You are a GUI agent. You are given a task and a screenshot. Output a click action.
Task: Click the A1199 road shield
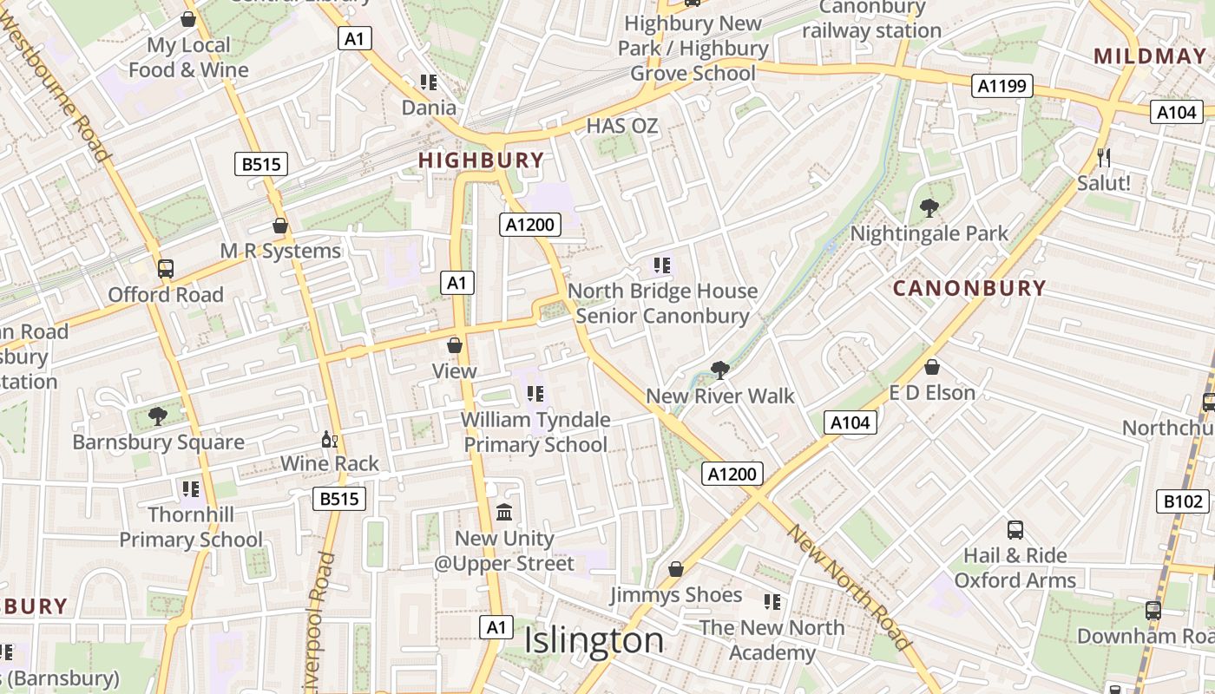click(x=1002, y=85)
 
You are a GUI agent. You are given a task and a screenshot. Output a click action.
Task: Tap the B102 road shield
click(x=1183, y=501)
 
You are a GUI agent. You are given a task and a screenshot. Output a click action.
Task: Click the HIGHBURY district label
click(x=481, y=160)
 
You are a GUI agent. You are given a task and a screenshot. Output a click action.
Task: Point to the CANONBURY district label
click(x=969, y=289)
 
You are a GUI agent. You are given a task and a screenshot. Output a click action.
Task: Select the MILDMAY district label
click(x=1149, y=57)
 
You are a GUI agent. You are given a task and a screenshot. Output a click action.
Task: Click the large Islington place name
click(x=594, y=641)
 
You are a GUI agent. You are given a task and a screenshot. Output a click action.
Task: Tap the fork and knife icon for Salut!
click(x=1104, y=157)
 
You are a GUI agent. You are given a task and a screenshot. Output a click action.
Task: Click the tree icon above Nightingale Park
click(x=929, y=207)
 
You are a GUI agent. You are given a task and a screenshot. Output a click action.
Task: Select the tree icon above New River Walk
click(x=719, y=370)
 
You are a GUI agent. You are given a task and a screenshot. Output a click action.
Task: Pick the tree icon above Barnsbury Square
click(x=157, y=416)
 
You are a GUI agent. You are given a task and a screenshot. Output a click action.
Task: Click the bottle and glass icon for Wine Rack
click(x=329, y=440)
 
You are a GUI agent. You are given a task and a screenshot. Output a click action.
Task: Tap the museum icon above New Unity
click(x=504, y=512)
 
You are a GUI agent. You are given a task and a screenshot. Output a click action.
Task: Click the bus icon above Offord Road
click(x=166, y=269)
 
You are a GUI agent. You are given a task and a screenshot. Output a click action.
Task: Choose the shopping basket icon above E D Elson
click(x=932, y=367)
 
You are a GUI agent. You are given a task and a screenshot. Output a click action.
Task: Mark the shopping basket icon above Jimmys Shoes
click(x=676, y=569)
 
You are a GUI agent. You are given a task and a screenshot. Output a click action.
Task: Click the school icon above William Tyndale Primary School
click(x=535, y=394)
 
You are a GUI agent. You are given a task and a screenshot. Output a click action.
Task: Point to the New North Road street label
click(x=849, y=587)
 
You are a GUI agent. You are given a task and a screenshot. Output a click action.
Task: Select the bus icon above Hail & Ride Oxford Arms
click(x=1015, y=529)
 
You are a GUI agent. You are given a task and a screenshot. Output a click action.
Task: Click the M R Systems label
click(x=280, y=252)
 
